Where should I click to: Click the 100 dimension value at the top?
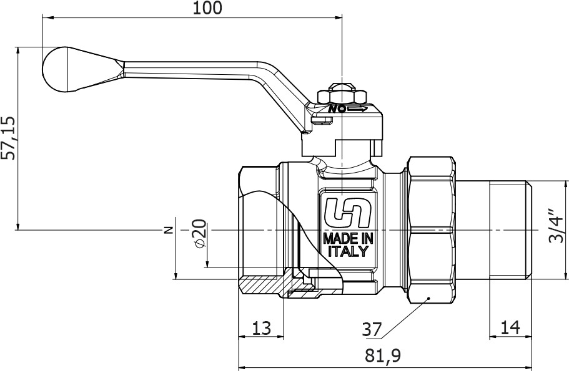pyautogui.click(x=207, y=7)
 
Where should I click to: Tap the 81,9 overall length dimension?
pyautogui.click(x=383, y=356)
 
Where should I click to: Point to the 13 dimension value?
pyautogui.click(x=261, y=328)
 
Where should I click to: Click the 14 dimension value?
pyautogui.click(x=510, y=327)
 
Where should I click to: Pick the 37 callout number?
pyautogui.click(x=372, y=330)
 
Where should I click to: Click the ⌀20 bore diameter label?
pyautogui.click(x=200, y=234)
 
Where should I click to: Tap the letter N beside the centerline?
pyautogui.click(x=168, y=230)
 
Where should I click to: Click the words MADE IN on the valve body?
pyautogui.click(x=348, y=238)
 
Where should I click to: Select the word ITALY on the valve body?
pyautogui.click(x=348, y=251)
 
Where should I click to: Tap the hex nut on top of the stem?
pyautogui.click(x=342, y=96)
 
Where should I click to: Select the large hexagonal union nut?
pyautogui.click(x=431, y=229)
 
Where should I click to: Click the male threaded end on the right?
pyautogui.click(x=510, y=230)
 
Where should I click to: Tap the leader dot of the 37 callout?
pyautogui.click(x=428, y=298)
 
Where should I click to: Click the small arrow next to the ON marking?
pyautogui.click(x=357, y=108)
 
